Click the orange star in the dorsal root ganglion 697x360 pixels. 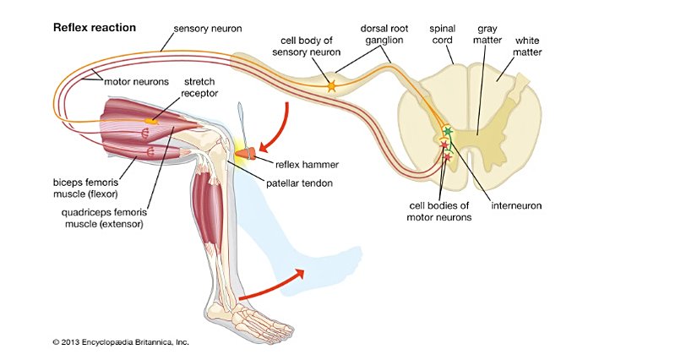click(x=331, y=86)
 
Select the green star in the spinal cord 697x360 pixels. click(x=447, y=131)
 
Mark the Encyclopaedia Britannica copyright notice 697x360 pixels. click(x=120, y=343)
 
